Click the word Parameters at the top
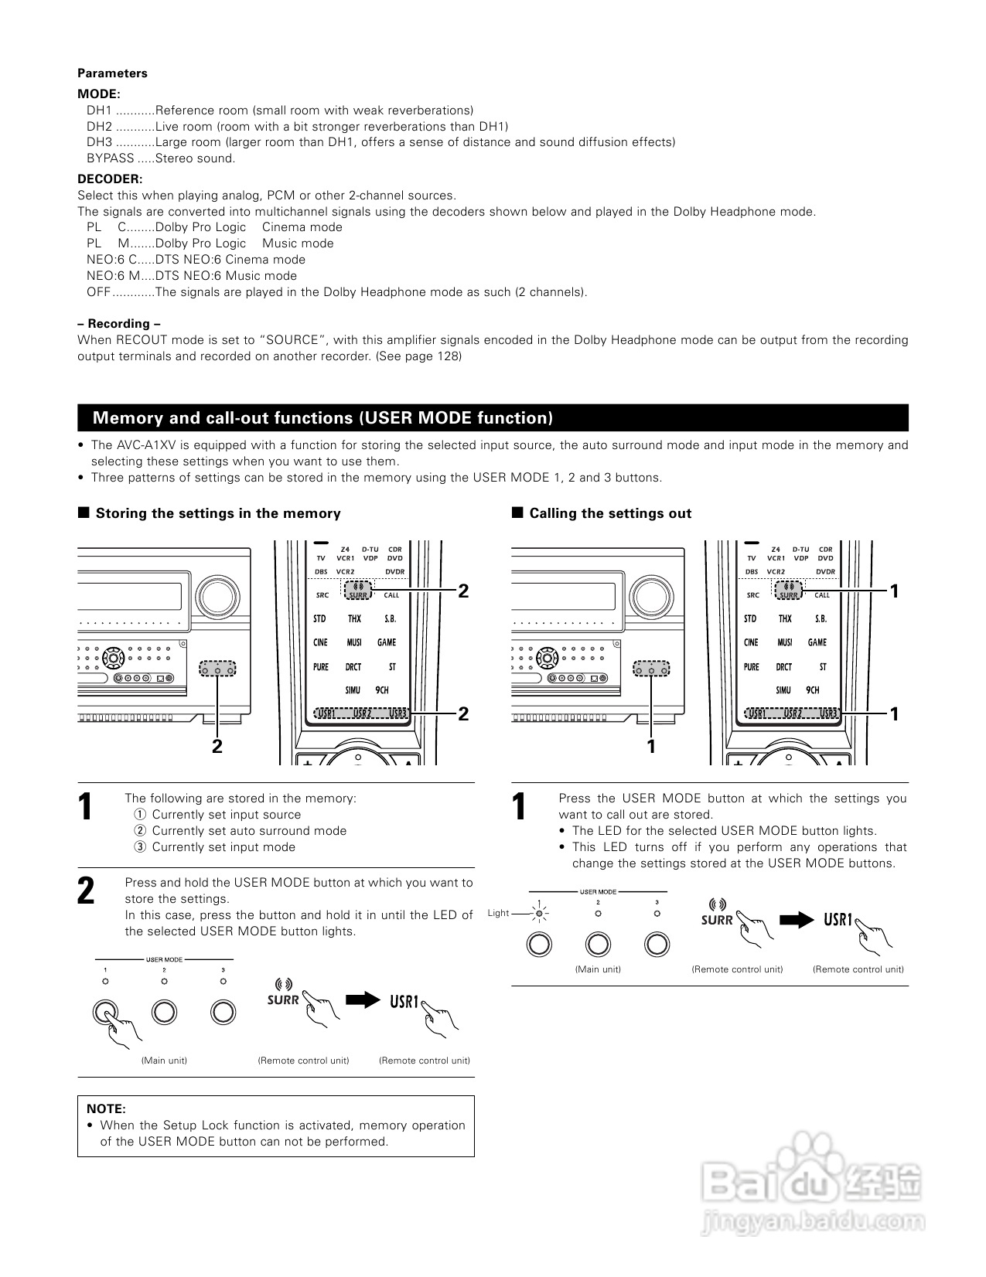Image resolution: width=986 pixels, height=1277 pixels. pyautogui.click(x=112, y=73)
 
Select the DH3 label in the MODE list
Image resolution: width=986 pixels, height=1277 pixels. pyautogui.click(x=99, y=142)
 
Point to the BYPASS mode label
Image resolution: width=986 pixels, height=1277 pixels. pyautogui.click(x=110, y=158)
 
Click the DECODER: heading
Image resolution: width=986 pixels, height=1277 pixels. pyautogui.click(x=110, y=179)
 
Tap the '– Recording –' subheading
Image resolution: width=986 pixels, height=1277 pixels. pyautogui.click(x=119, y=324)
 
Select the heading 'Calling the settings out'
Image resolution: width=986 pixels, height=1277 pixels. pyautogui.click(x=610, y=513)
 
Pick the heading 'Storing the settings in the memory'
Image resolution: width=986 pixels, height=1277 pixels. pyautogui.click(x=217, y=513)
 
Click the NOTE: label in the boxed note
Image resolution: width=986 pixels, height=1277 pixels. pyautogui.click(x=106, y=1109)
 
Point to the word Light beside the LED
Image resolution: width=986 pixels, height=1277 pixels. pyautogui.click(x=499, y=913)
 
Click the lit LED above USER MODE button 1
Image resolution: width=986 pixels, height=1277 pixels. pyautogui.click(x=540, y=914)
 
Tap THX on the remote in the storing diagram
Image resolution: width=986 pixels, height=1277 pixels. pyautogui.click(x=354, y=619)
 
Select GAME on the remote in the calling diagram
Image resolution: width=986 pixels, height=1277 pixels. pyautogui.click(x=817, y=642)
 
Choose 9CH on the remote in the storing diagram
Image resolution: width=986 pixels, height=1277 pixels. pyautogui.click(x=382, y=690)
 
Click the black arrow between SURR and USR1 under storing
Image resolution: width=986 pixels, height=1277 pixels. pyautogui.click(x=363, y=1000)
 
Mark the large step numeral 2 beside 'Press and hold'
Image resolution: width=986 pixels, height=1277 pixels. pyautogui.click(x=87, y=891)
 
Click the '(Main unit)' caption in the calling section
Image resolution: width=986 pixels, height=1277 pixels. pyautogui.click(x=598, y=969)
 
